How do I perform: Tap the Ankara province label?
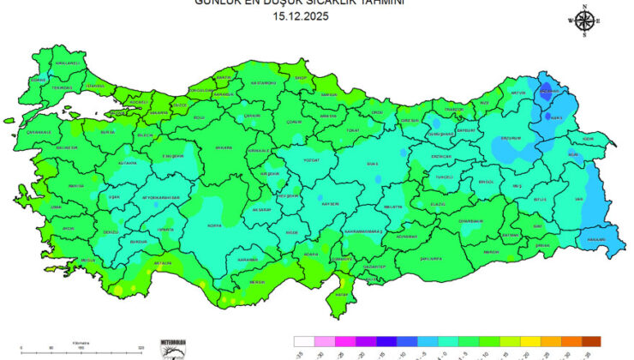coord(223,147)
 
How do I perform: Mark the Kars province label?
coord(555,117)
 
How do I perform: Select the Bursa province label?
coord(107,133)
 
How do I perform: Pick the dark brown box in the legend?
coord(589,341)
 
